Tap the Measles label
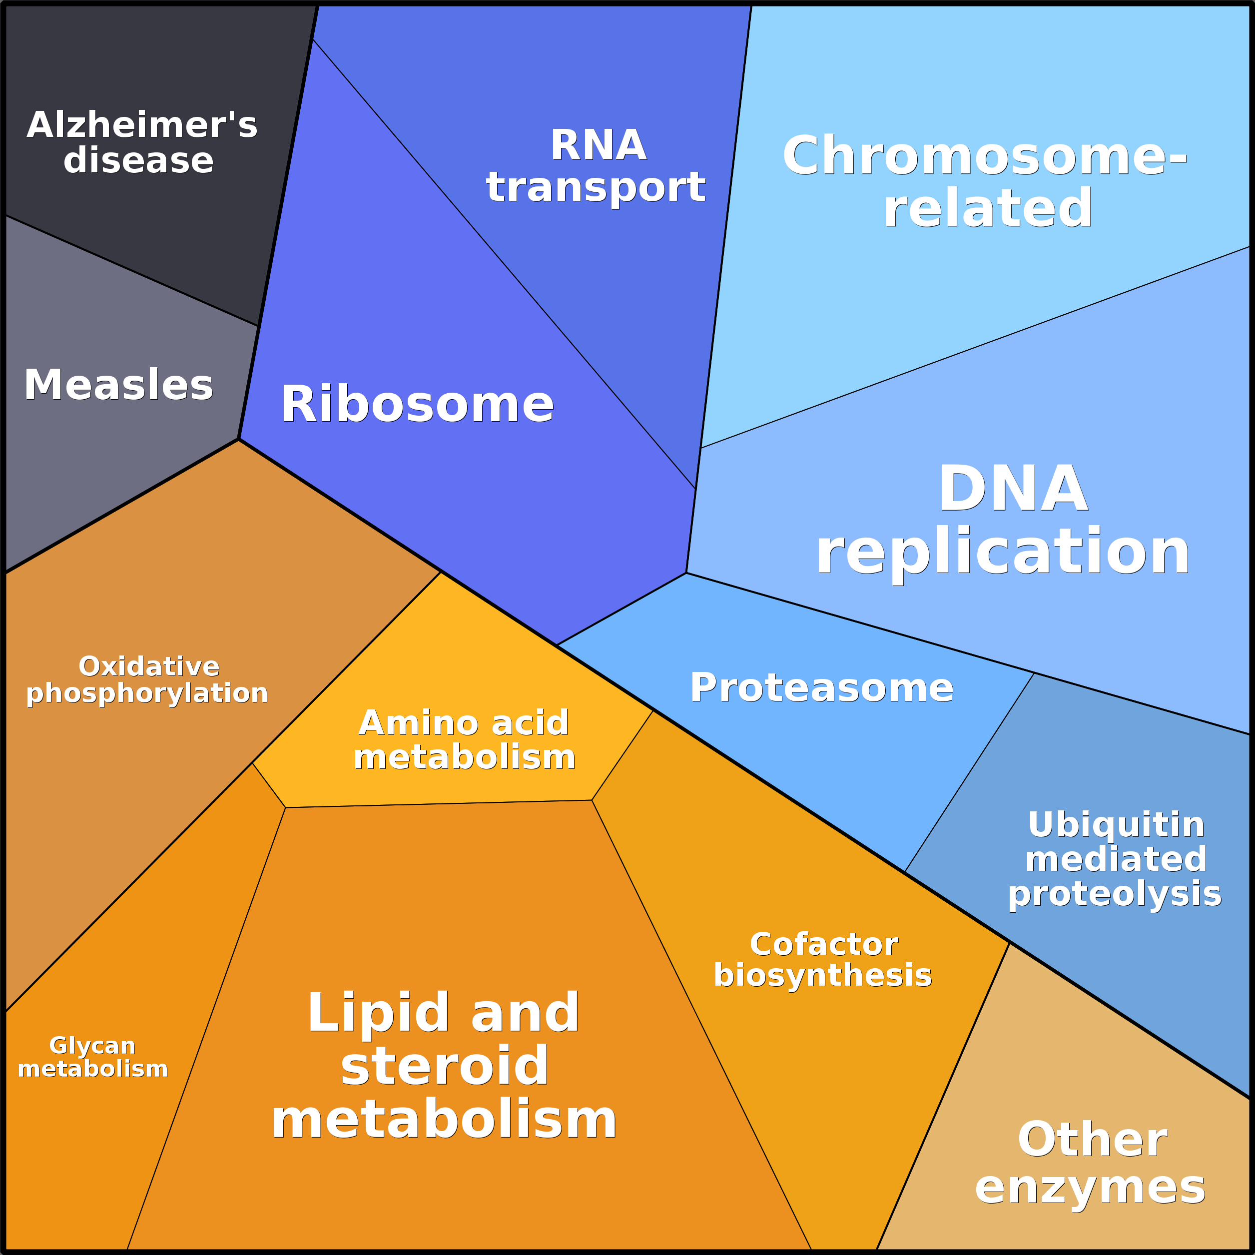(x=118, y=385)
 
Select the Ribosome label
(x=417, y=404)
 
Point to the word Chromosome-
(x=984, y=156)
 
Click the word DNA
(x=1013, y=489)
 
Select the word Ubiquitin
(x=1116, y=825)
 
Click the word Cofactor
(x=824, y=945)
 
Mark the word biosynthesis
(x=822, y=976)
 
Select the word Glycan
(x=92, y=1046)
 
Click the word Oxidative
(x=149, y=666)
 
